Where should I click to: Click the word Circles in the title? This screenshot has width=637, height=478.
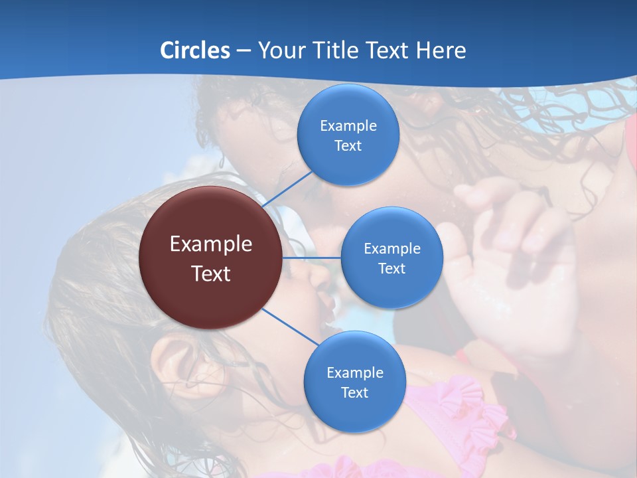point(195,50)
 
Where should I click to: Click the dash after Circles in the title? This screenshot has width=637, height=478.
point(244,51)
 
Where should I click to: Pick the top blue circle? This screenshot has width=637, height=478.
point(348,135)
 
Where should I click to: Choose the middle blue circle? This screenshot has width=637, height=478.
point(391,258)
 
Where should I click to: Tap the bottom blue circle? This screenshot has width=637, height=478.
point(354,382)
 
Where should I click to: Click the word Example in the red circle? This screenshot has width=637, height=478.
point(210,244)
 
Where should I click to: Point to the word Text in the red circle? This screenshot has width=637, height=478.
point(210,274)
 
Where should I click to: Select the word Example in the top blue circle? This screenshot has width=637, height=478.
point(348,125)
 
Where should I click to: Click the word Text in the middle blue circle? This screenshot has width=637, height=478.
point(391,268)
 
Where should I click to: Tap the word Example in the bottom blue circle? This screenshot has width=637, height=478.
point(354,372)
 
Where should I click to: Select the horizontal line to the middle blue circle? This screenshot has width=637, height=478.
point(312,258)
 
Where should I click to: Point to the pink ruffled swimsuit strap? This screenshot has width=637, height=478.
point(458,405)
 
